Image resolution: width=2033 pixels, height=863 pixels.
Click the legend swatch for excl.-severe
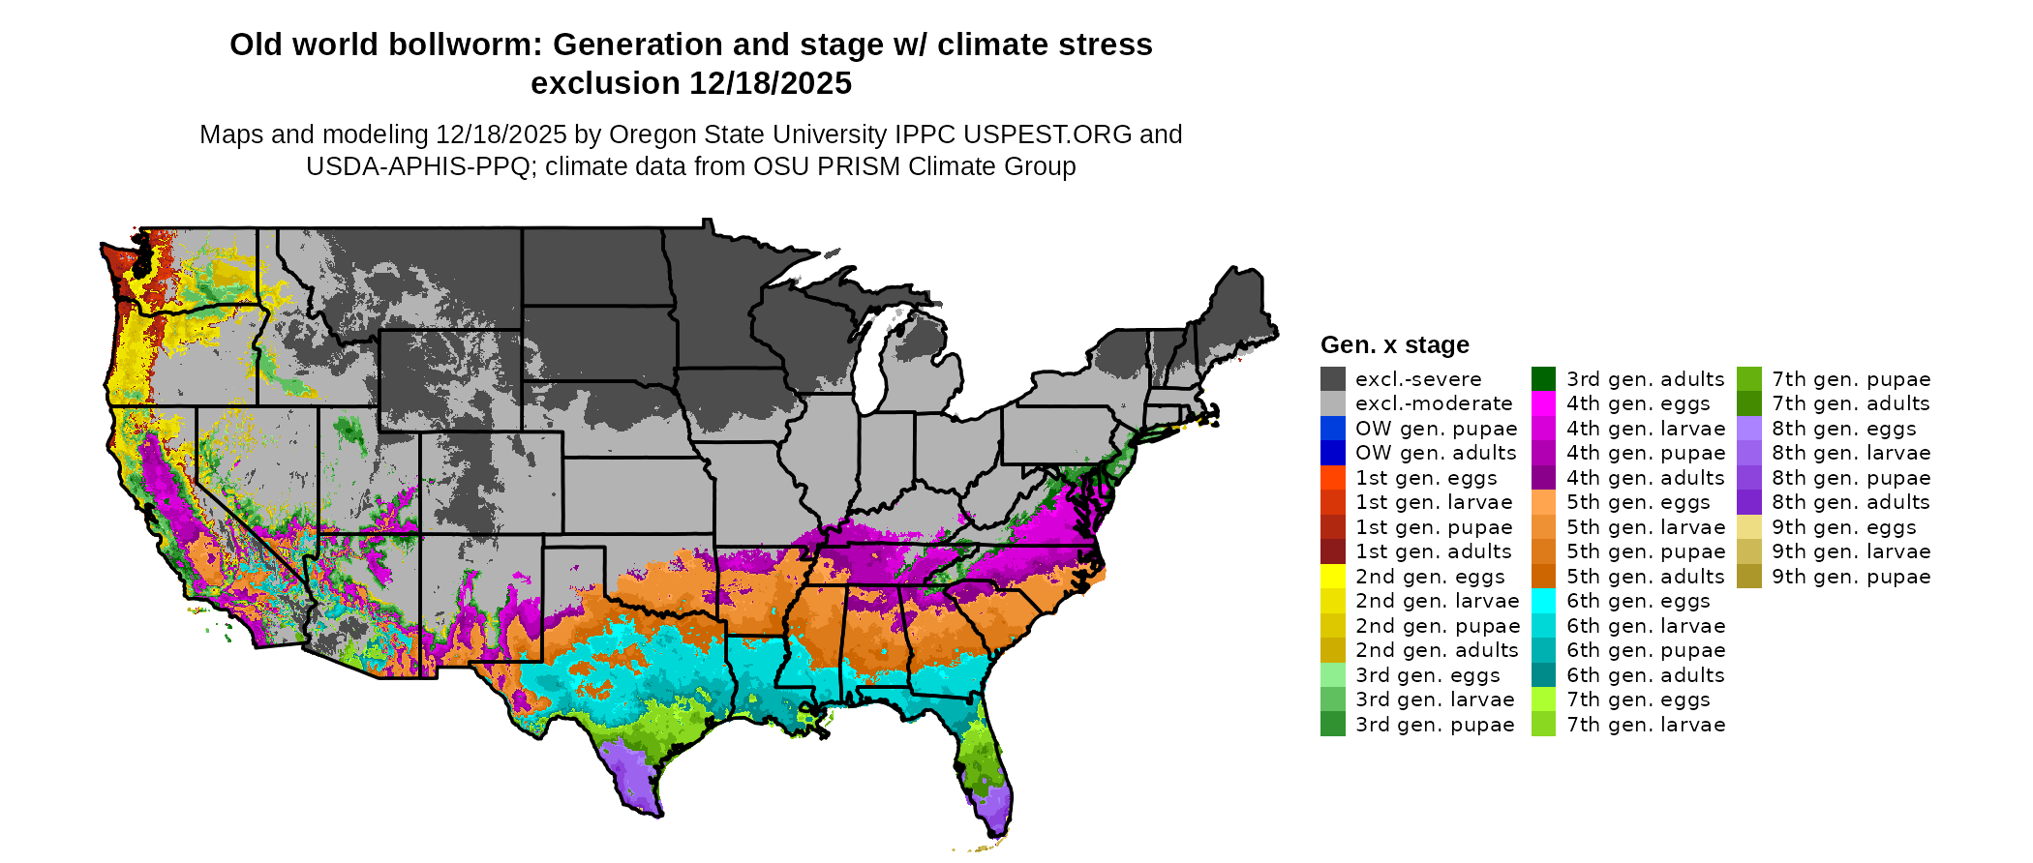pos(1332,379)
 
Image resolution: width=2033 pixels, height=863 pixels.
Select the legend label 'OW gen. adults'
pos(1436,453)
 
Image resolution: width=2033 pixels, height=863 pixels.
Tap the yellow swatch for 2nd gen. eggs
pos(1332,577)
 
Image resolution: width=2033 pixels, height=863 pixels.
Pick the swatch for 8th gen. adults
pos(1749,502)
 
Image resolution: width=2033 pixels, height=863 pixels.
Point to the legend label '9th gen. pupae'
pos(1851,577)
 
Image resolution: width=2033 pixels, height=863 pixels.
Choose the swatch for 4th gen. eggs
pos(1543,403)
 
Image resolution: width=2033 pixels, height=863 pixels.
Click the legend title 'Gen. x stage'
pos(1394,345)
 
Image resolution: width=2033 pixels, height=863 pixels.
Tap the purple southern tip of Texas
pos(635,784)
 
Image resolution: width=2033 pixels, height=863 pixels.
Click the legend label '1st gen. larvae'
pos(1433,502)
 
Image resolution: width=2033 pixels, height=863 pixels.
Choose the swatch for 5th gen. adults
pos(1543,577)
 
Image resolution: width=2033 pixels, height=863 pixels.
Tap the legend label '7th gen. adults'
pos(1850,403)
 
